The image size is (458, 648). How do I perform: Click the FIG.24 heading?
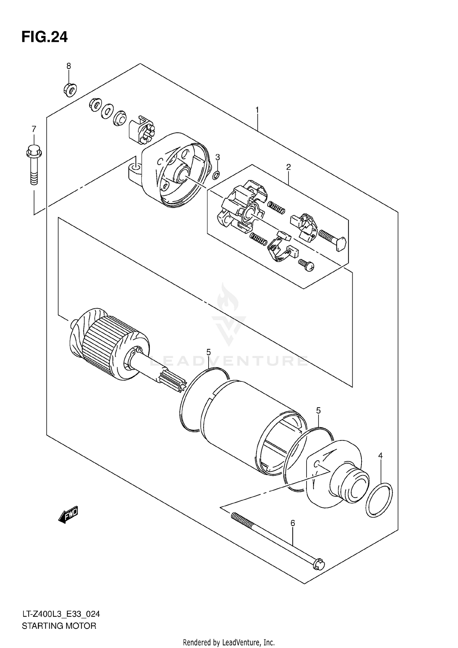tap(45, 37)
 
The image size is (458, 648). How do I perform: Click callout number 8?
tap(69, 66)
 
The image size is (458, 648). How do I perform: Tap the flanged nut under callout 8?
tap(70, 90)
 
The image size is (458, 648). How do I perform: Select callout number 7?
tap(34, 129)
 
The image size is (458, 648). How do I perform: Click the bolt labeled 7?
tap(34, 165)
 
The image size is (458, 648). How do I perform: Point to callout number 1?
tap(257, 110)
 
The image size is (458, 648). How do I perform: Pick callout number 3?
tap(217, 157)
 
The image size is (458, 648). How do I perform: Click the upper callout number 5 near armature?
tap(208, 352)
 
